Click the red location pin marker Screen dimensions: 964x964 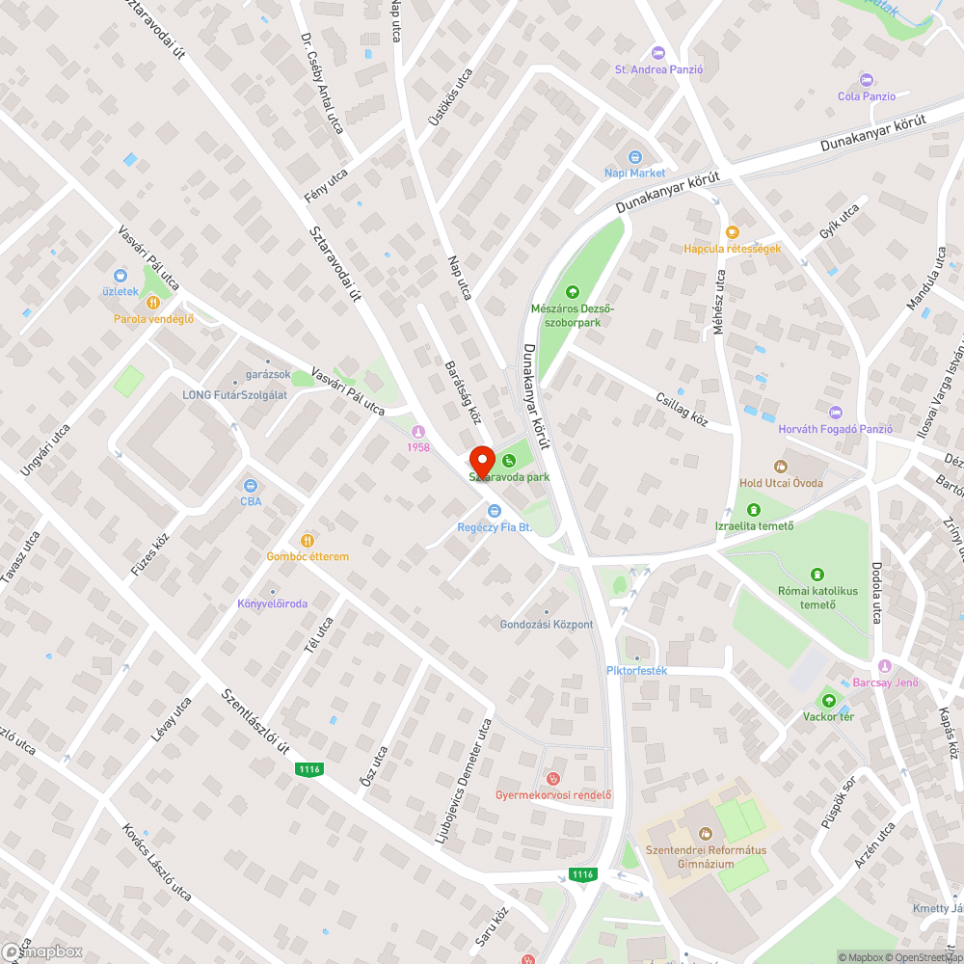(481, 461)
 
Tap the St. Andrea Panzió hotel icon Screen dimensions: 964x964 (659, 52)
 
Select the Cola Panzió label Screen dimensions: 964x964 (867, 96)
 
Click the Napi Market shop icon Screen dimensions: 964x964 (634, 157)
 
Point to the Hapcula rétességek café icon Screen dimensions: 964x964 (732, 231)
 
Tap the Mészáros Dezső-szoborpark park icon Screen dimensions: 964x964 (573, 291)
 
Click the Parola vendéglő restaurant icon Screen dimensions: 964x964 (153, 302)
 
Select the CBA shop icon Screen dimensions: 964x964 (251, 485)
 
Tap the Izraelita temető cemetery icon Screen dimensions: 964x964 (753, 509)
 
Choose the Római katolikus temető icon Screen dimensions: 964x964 (818, 575)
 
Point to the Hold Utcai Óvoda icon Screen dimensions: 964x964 (782, 466)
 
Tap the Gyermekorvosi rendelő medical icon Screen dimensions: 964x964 (553, 778)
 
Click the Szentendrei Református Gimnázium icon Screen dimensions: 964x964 (704, 833)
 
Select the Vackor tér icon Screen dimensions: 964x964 (827, 700)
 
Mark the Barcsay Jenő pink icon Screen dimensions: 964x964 (885, 666)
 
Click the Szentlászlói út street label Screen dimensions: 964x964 (256, 722)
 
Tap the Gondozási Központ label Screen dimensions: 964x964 (547, 625)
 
